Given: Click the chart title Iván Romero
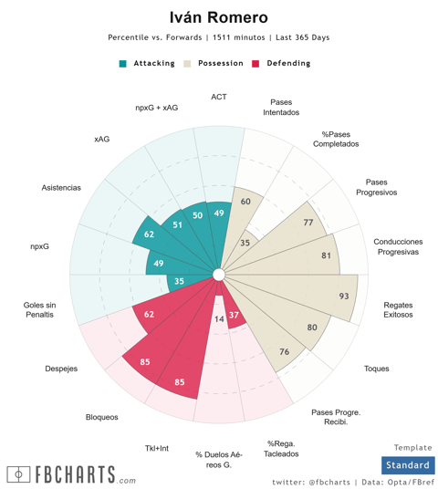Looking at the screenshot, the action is [219, 17].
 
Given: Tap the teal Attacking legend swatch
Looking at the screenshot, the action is [123, 64].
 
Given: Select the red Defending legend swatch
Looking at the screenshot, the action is [255, 64].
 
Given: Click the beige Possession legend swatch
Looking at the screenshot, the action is [187, 64].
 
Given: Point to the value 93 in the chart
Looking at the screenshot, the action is [344, 296].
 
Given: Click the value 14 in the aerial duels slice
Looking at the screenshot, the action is [219, 318].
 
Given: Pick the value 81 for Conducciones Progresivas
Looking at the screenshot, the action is [326, 255].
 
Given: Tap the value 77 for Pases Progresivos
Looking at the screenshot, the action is [308, 223].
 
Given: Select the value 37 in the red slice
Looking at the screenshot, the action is [234, 315].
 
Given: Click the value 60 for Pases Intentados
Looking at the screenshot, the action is [245, 202].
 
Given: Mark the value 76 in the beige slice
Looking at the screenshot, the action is [284, 352].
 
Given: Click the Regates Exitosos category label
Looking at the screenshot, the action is [398, 309].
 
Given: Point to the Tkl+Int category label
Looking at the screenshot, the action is [157, 448].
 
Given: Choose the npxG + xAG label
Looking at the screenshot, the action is [157, 108].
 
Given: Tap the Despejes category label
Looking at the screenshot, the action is [61, 369].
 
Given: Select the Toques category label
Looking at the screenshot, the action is [377, 369].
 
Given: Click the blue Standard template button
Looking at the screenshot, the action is [408, 465].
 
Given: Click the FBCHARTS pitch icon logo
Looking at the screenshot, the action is [18, 474].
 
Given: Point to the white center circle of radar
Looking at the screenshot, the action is [219, 276].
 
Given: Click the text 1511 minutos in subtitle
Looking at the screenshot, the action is [239, 37].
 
